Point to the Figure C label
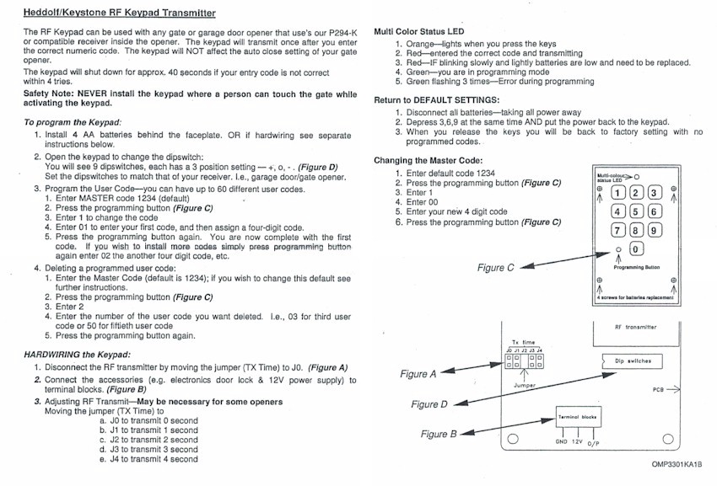[x=496, y=267]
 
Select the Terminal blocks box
[x=578, y=417]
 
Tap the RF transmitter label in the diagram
[x=636, y=327]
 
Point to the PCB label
[x=659, y=390]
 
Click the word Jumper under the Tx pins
[x=526, y=385]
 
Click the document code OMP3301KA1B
[x=676, y=464]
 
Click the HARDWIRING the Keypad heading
[x=78, y=354]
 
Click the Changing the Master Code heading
[x=428, y=160]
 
